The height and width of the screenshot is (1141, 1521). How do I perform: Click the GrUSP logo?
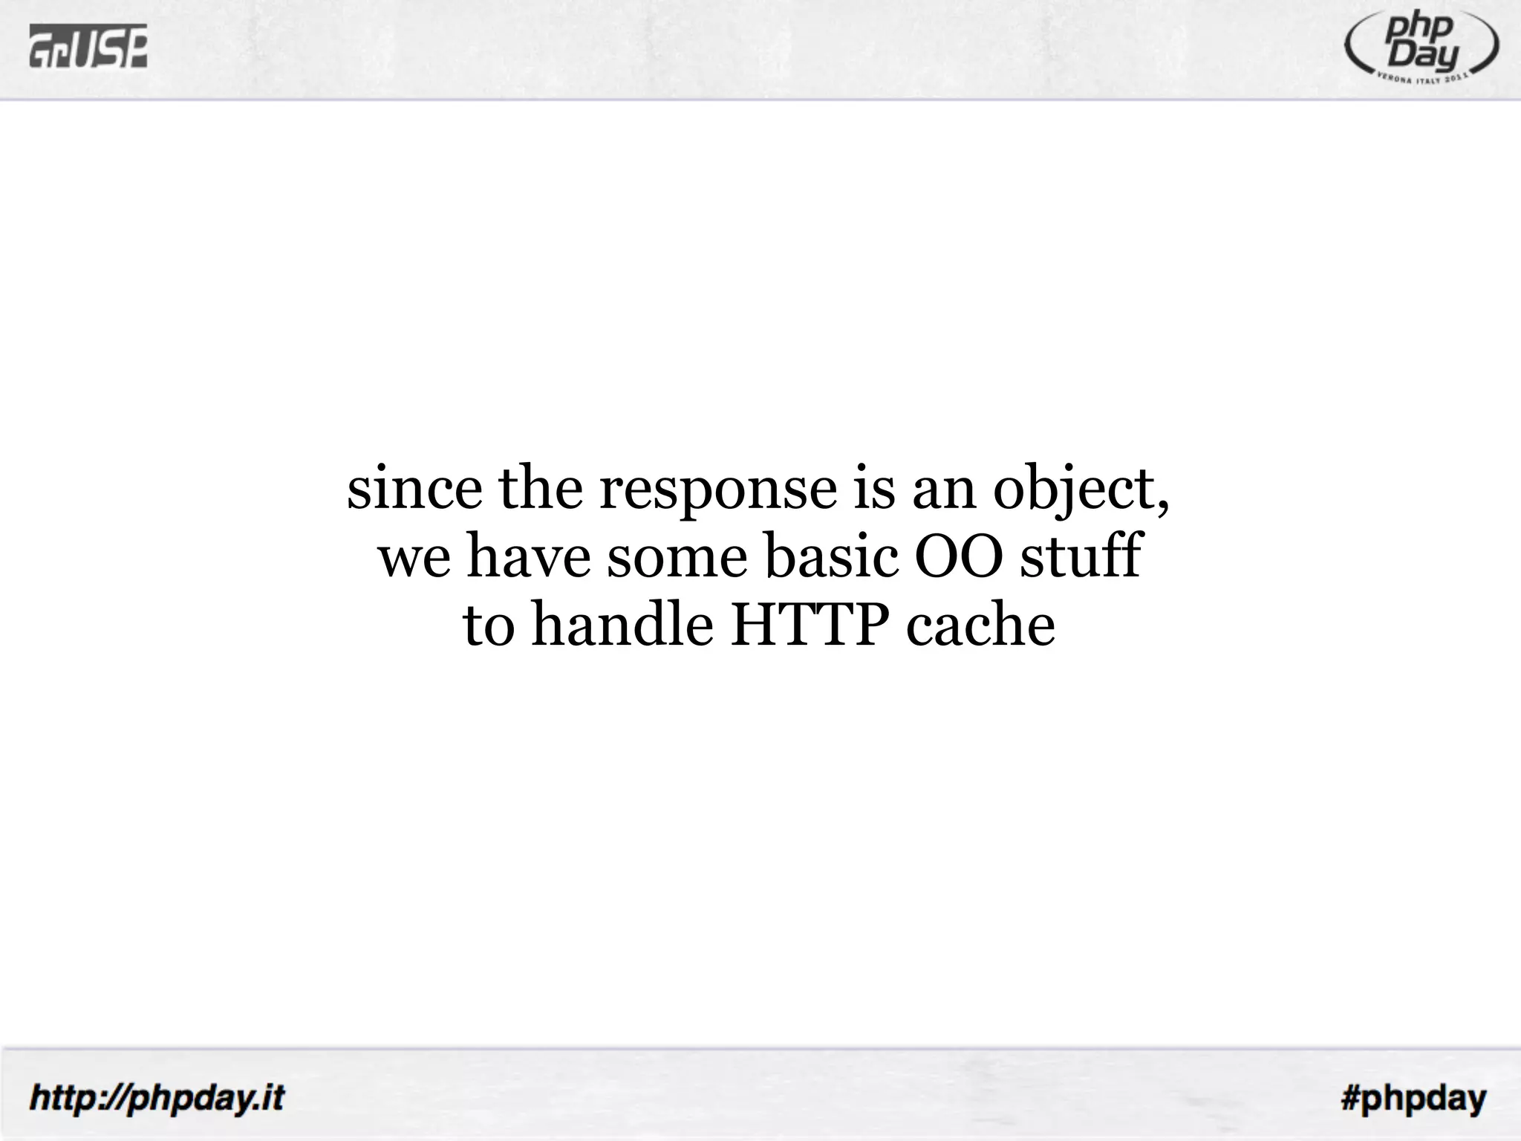click(88, 46)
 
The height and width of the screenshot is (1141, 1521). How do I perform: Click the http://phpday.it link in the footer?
click(157, 1097)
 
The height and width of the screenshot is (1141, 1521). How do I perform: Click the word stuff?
click(1081, 556)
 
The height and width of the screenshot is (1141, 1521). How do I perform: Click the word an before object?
click(943, 490)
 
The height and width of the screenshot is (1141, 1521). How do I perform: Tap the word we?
click(414, 558)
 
